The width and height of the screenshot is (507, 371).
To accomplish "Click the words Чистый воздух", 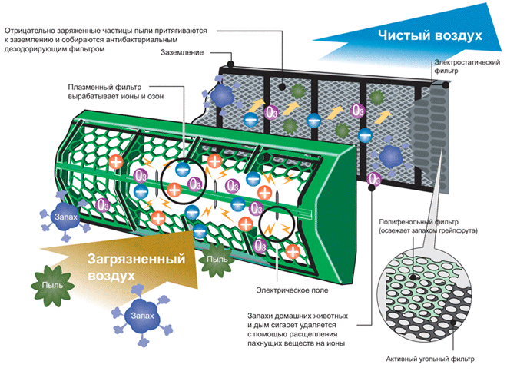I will tap(429, 36).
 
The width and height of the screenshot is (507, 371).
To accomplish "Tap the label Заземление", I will tap(182, 53).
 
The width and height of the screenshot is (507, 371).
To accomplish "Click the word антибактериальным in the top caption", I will tap(140, 39).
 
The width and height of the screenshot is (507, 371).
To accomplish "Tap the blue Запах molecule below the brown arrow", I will tap(138, 316).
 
